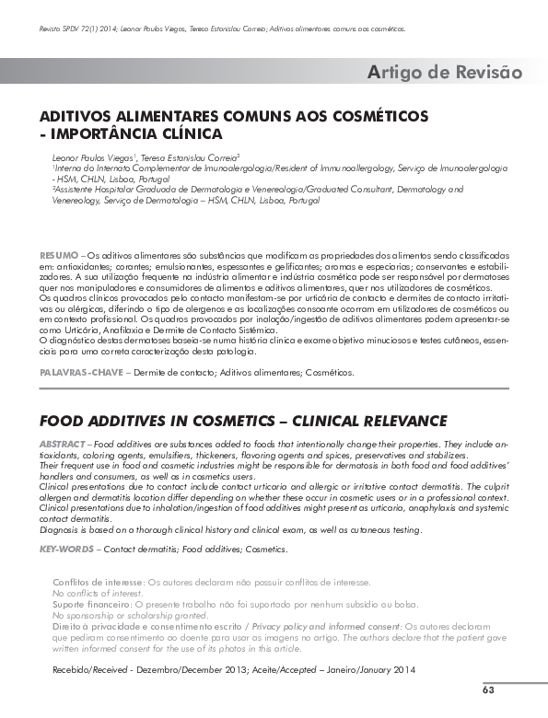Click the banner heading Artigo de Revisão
(445, 72)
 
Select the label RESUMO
(58, 253)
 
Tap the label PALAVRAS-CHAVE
(79, 372)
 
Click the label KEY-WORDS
(67, 550)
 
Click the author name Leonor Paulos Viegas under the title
(90, 158)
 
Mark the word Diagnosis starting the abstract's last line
(60, 529)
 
